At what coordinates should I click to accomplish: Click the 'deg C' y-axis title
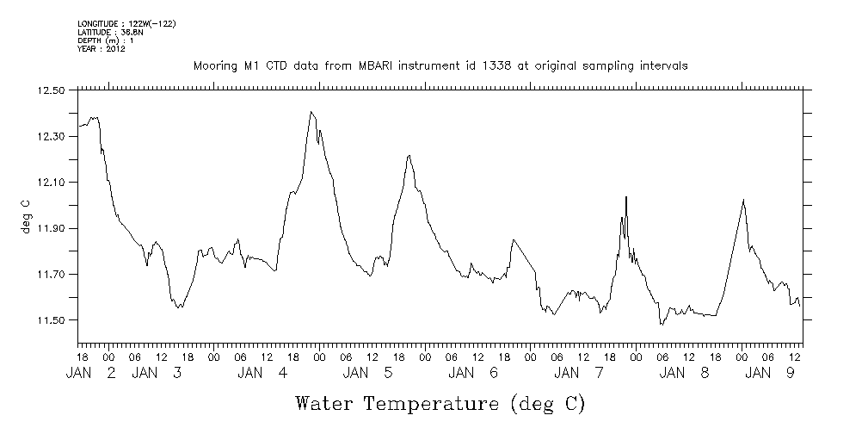coord(25,215)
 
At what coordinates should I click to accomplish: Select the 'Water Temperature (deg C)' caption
coord(440,403)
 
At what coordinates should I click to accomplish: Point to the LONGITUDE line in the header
coord(126,23)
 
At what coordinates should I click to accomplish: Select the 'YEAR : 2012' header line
coord(102,49)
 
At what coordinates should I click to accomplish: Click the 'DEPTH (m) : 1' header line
coord(105,40)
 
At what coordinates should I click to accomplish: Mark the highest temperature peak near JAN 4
coord(311,112)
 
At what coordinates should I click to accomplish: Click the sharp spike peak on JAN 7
coord(626,197)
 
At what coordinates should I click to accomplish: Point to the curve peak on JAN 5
coord(410,155)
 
